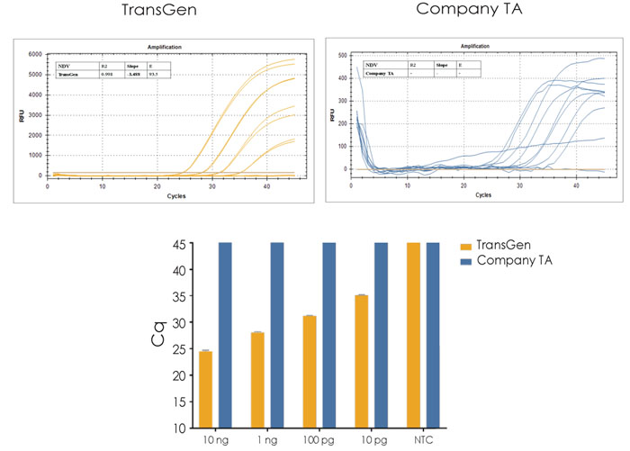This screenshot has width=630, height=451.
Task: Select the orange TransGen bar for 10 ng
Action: tap(206, 389)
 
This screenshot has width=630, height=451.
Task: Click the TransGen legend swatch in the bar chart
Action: tap(466, 245)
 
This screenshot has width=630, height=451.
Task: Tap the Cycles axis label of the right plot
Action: tap(483, 194)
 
